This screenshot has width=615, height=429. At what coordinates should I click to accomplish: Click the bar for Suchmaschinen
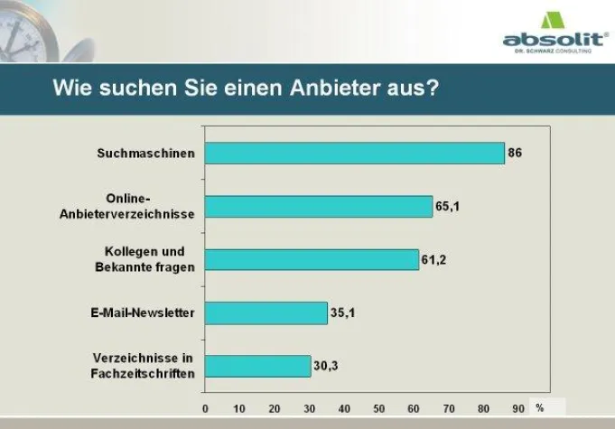(x=354, y=154)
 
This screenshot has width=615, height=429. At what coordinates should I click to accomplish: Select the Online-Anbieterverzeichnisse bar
(x=319, y=207)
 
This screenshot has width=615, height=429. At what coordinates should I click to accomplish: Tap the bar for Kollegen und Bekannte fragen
(x=312, y=260)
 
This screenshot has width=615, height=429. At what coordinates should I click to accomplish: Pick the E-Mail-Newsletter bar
(x=266, y=313)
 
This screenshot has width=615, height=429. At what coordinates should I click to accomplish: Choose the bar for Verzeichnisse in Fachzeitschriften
(x=257, y=366)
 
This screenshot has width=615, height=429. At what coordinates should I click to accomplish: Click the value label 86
(x=515, y=154)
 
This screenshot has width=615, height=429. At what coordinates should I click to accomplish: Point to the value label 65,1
(x=448, y=207)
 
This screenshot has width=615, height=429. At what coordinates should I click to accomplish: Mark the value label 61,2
(x=433, y=260)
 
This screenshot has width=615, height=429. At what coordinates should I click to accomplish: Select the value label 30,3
(x=325, y=366)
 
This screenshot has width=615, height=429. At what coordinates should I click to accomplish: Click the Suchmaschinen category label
(x=145, y=154)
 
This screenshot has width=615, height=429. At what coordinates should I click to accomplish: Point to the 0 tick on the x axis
(x=205, y=408)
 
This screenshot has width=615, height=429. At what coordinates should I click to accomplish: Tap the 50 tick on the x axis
(x=379, y=408)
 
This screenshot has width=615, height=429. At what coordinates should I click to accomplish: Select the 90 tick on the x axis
(x=518, y=408)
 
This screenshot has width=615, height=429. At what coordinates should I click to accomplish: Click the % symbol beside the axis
(x=539, y=408)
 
